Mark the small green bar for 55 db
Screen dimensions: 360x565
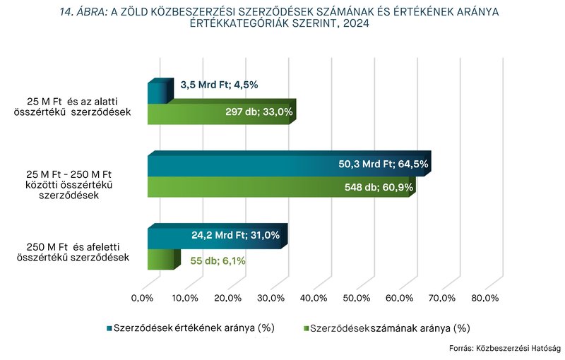point(160,260)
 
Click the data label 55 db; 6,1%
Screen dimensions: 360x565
point(218,260)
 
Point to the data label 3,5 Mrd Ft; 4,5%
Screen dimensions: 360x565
point(220,85)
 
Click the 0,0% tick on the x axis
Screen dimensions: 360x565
point(143,298)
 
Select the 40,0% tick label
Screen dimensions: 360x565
point(314,298)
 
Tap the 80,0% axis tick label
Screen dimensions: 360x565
point(484,298)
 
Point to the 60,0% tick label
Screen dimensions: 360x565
point(399,298)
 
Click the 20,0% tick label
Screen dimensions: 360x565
point(228,298)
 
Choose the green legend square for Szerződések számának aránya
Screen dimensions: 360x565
point(305,328)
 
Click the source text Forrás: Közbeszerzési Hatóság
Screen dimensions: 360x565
point(504,348)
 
